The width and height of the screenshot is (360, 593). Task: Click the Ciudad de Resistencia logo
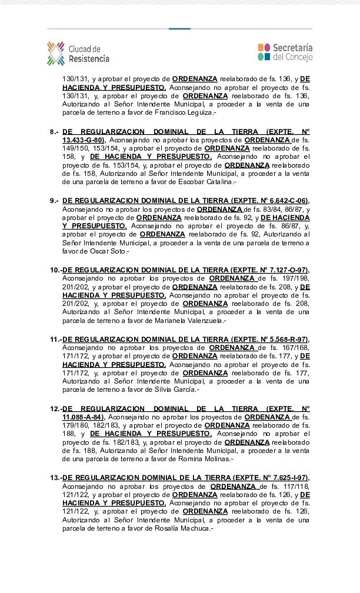pos(78,54)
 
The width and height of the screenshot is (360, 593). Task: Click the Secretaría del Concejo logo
pos(285,52)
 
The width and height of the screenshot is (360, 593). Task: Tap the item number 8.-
pos(54,132)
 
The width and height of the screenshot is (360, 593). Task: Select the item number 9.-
pos(54,201)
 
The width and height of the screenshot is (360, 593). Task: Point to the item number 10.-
pos(55,270)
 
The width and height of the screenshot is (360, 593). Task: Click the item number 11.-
pos(55,339)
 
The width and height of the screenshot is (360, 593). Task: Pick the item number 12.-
pos(55,409)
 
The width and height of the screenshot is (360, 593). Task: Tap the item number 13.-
pos(55,478)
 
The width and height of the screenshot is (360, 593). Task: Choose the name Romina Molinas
pos(206,459)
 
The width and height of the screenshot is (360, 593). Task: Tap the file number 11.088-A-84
pos(81,417)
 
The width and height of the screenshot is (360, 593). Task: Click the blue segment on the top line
pos(179,28)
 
